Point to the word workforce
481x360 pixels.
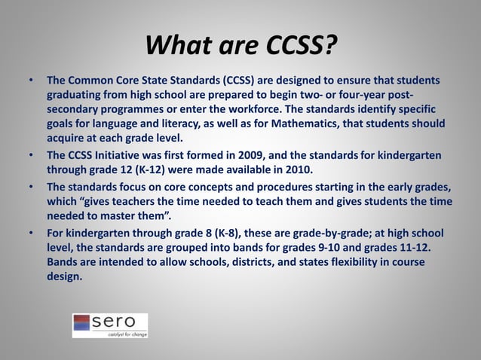pos(244,108)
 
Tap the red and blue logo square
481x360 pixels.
pos(82,324)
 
